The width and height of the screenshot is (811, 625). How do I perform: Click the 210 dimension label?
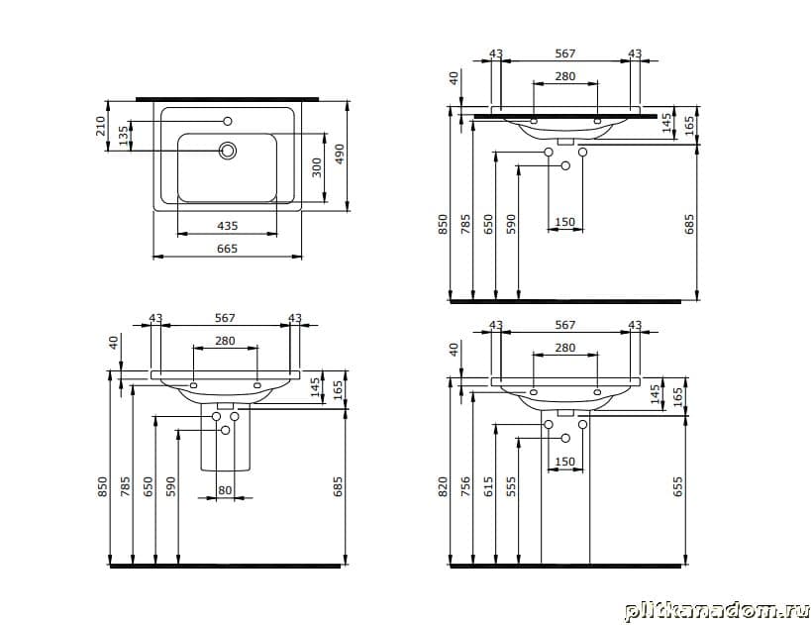pyautogui.click(x=100, y=126)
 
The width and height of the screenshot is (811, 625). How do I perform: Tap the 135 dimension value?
pyautogui.click(x=123, y=136)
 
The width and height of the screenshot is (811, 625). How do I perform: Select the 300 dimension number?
pyautogui.click(x=317, y=167)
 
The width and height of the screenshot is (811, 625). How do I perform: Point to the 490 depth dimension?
pyautogui.click(x=340, y=155)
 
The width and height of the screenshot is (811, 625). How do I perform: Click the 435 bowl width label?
pyautogui.click(x=228, y=226)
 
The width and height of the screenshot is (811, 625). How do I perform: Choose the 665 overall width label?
pyautogui.click(x=227, y=249)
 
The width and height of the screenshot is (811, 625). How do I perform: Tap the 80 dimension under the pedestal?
pyautogui.click(x=225, y=490)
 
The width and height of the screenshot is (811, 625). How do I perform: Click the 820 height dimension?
pyautogui.click(x=443, y=487)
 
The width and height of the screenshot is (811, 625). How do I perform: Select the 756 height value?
pyautogui.click(x=465, y=487)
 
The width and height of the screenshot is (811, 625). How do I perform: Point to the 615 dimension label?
pyautogui.click(x=488, y=487)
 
